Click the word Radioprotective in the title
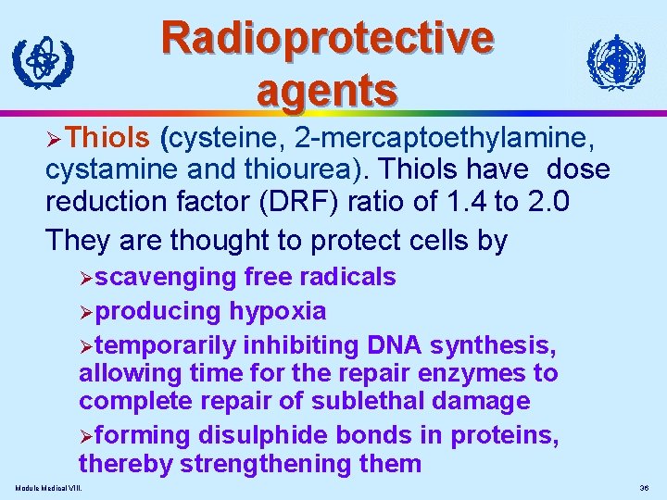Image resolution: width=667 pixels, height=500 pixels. pos(327,38)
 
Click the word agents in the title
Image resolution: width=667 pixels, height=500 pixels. pos(327,90)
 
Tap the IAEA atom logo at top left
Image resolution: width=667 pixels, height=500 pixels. pos(41,64)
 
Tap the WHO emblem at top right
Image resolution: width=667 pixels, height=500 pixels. pos(615,63)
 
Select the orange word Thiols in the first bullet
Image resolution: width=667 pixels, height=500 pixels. pos(109,138)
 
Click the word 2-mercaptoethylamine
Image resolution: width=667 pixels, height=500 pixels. pos(443,138)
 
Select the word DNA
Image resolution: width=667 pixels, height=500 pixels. pos(400,345)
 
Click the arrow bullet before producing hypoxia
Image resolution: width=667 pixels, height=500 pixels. pos(86,312)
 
